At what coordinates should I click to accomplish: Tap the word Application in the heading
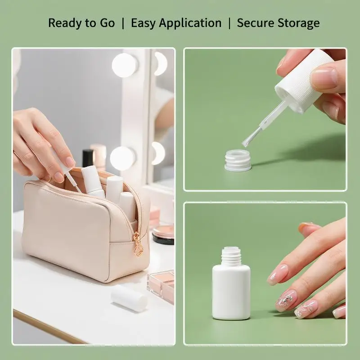coord(190,23)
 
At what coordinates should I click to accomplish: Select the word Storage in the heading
coord(298,23)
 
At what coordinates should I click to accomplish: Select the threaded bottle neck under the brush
coord(238,160)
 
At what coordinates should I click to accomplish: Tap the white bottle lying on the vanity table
coord(129,298)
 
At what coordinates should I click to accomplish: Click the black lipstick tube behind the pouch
coord(87,158)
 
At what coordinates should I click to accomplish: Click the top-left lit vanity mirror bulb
coord(125,65)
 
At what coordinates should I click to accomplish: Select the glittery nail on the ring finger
coord(285,300)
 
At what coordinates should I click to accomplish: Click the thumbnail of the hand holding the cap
coord(324,78)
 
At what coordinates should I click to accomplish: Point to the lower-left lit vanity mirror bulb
coord(122,158)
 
